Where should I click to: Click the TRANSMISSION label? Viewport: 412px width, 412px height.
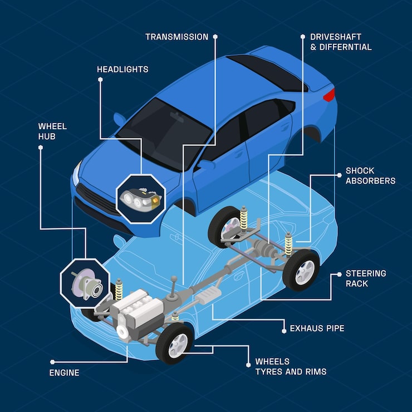point(176,37)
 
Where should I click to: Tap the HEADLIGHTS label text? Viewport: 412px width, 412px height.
point(122,70)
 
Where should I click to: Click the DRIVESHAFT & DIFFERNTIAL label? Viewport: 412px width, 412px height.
point(341,42)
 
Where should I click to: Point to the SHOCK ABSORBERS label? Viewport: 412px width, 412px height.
point(370,175)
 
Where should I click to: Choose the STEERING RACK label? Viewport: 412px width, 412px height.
point(366,278)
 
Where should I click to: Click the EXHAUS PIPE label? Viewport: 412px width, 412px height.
point(317,328)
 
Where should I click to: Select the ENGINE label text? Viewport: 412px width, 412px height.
point(65,372)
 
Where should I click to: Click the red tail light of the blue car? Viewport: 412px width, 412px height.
point(330,95)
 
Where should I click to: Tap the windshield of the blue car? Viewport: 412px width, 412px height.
point(165,129)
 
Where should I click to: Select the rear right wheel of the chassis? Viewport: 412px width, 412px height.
point(301,270)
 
